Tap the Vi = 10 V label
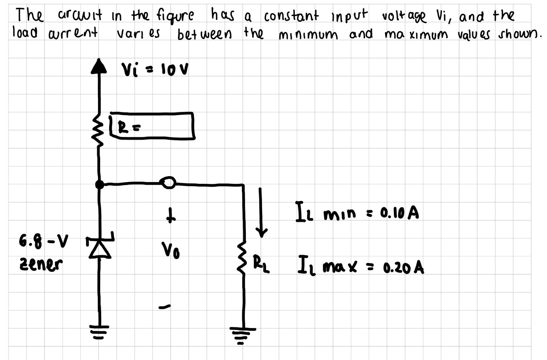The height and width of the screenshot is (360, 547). (x=155, y=69)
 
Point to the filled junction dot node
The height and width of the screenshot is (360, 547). (x=100, y=184)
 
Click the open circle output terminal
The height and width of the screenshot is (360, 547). (x=169, y=182)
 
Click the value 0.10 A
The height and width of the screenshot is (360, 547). (x=399, y=213)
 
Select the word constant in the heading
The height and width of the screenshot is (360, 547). (x=291, y=16)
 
